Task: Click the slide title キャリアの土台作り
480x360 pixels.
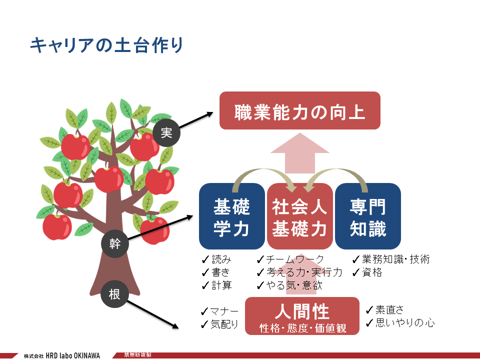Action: tap(106, 45)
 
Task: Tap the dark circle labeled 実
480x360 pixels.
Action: tap(166, 133)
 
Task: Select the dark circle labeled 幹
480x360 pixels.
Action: tap(115, 244)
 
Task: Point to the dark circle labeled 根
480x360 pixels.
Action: tap(114, 294)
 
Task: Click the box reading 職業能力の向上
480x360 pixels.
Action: tap(300, 110)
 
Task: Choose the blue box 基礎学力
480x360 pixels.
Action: tap(231, 216)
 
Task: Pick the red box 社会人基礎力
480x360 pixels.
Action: tap(300, 216)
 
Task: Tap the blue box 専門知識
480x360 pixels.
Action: tap(368, 216)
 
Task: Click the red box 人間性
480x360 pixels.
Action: tap(302, 316)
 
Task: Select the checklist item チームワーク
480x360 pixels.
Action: tap(290, 259)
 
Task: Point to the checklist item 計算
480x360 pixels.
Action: tap(217, 285)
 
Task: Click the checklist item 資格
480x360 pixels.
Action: tap(367, 272)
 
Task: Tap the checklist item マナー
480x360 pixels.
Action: tap(219, 311)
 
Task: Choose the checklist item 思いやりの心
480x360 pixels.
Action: tap(400, 322)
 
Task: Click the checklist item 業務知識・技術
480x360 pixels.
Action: tap(391, 259)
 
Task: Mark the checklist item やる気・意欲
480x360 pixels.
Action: tap(289, 285)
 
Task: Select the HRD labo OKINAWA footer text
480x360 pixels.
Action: tap(73, 355)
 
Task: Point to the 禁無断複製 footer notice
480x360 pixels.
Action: tap(137, 355)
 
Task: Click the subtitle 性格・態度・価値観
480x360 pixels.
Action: tap(303, 328)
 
